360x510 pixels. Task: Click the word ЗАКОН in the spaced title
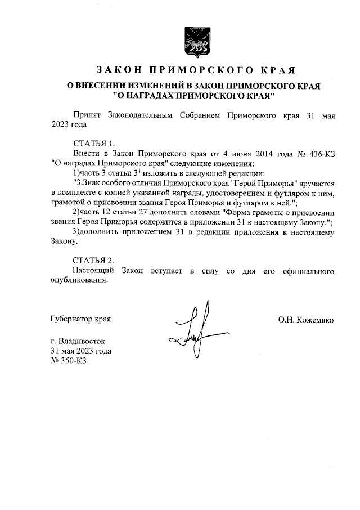(x=118, y=71)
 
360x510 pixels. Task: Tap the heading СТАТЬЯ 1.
(x=94, y=144)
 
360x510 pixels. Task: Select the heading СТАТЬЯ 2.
(x=94, y=261)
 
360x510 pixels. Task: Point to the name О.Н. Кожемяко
(x=305, y=320)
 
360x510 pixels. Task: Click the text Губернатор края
(x=80, y=320)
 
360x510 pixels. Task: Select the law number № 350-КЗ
(x=69, y=361)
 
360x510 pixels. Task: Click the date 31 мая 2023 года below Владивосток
(x=80, y=351)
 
